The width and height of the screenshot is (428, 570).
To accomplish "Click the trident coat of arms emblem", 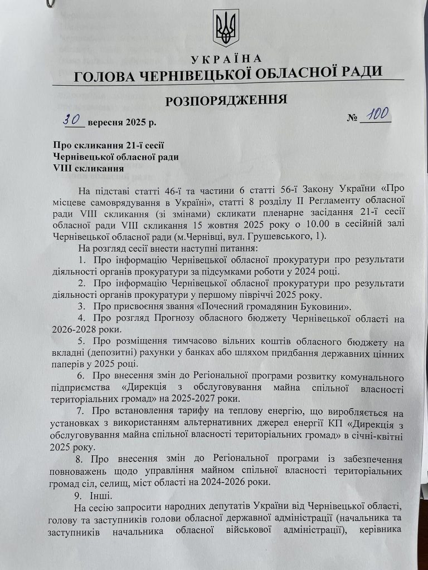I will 226,28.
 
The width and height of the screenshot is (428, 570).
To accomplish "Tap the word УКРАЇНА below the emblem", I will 226,59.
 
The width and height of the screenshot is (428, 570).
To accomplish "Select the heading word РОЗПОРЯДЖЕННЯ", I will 226,100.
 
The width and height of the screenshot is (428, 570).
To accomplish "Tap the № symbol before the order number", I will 352,119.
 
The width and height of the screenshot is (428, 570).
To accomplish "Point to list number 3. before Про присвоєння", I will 81,306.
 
